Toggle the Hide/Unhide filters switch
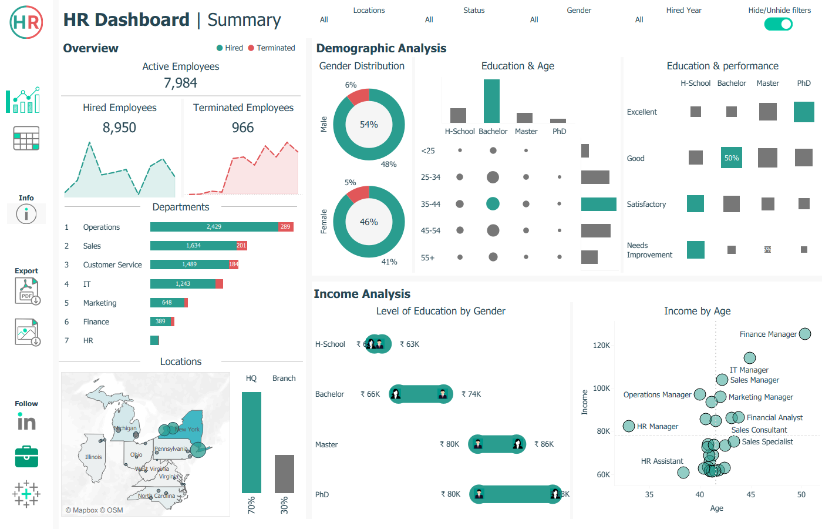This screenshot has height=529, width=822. [778, 24]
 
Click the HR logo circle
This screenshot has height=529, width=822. [26, 22]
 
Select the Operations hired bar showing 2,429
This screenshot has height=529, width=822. [214, 227]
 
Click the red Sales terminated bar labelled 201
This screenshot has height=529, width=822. [241, 246]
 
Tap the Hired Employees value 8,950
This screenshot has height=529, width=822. [119, 128]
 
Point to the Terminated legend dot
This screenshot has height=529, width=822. [251, 48]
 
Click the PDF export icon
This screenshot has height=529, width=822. [27, 291]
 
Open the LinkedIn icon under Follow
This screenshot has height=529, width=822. [26, 421]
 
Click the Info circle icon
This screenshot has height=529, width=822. [26, 214]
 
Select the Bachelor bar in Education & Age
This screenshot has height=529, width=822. [491, 101]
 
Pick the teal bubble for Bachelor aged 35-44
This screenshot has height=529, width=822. [493, 204]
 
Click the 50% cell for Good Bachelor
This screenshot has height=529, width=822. [732, 158]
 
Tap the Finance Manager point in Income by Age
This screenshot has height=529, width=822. [805, 334]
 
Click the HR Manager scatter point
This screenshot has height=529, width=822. [629, 426]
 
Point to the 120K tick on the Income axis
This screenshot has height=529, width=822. [601, 346]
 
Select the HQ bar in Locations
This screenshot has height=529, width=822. [251, 442]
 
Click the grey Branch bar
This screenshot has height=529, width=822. [284, 474]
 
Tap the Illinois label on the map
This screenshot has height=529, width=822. [93, 457]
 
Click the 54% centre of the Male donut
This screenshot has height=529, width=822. [369, 125]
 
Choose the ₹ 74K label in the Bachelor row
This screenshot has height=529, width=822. [471, 394]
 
